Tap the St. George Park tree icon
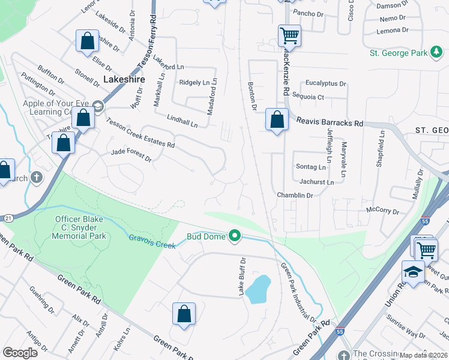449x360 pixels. click(x=436, y=53)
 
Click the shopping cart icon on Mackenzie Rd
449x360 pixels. click(x=289, y=35)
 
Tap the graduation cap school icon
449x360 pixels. click(x=412, y=272)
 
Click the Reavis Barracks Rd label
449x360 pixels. click(x=330, y=122)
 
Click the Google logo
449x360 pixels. click(x=20, y=353)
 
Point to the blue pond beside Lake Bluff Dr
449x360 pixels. click(x=258, y=289)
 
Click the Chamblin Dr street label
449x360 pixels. click(x=295, y=196)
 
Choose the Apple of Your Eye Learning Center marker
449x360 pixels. click(x=98, y=107)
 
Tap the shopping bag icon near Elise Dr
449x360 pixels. click(x=88, y=41)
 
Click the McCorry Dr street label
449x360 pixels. click(x=382, y=211)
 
